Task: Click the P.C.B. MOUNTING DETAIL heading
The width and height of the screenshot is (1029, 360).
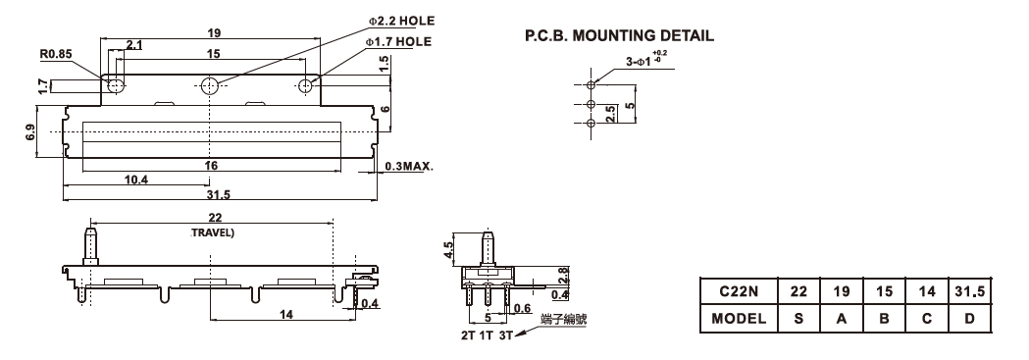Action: click(x=619, y=35)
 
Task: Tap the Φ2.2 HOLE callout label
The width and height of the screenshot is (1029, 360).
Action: click(x=401, y=21)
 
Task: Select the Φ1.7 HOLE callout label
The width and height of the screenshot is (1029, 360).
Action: click(x=398, y=42)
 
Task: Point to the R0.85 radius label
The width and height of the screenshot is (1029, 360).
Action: click(x=56, y=55)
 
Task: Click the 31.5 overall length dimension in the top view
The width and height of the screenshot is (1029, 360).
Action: click(x=213, y=195)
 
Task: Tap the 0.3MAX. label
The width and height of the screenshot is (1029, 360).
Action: click(x=407, y=166)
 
